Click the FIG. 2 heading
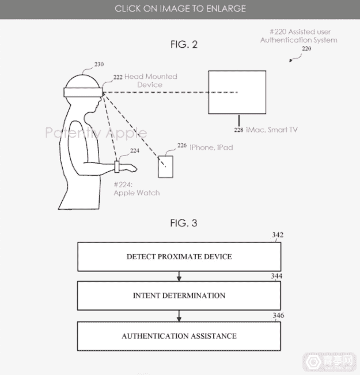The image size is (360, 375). [184, 44]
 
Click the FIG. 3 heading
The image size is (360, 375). [184, 223]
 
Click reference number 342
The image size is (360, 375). [278, 235]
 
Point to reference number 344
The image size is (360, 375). [276, 276]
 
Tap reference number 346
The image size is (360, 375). [278, 316]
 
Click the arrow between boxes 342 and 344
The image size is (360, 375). [179, 276]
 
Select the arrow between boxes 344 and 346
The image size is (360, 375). [179, 316]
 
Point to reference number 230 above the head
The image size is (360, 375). [99, 65]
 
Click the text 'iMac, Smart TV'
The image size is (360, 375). [272, 130]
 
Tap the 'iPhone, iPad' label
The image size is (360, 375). [211, 147]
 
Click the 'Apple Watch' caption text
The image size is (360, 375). [137, 193]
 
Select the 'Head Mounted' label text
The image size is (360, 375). [151, 77]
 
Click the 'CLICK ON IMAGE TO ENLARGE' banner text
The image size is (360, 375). [180, 9]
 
